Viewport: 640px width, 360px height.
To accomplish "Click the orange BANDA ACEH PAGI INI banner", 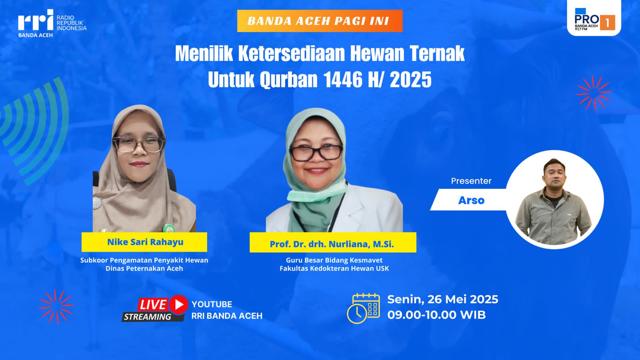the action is [320, 21].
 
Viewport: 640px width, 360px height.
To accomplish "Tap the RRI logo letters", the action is [36, 20].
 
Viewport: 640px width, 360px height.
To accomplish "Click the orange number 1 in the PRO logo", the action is [607, 22].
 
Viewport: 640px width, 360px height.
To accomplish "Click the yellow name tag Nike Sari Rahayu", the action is [144, 242].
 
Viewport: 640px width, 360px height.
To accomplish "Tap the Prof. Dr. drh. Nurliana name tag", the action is [333, 242].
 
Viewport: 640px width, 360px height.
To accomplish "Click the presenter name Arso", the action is [471, 200].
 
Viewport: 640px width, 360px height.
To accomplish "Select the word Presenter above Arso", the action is [471, 181].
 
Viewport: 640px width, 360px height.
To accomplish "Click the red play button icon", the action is [178, 304].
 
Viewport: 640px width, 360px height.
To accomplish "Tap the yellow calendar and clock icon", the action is [364, 308].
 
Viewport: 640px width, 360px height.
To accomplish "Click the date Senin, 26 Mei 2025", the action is [442, 300].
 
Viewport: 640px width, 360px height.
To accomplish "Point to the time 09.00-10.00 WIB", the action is [436, 315].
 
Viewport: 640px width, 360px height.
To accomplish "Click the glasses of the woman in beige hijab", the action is [139, 144].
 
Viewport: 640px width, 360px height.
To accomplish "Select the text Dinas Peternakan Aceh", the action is [144, 268].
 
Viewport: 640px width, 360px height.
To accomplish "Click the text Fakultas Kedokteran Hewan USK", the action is [334, 268].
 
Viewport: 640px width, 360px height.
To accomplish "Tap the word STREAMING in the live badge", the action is [148, 317].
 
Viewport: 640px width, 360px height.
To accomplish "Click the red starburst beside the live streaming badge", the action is [56, 306].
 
